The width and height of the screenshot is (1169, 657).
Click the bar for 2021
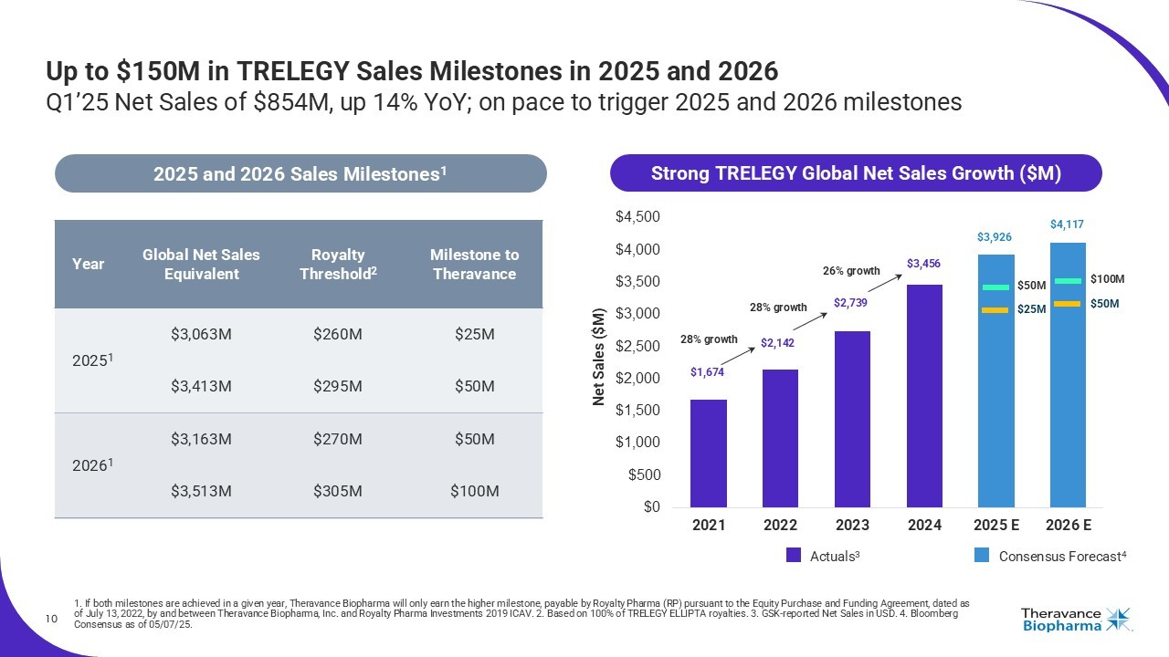709,453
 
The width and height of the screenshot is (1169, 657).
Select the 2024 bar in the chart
924,396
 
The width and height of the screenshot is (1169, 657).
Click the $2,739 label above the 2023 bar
851,302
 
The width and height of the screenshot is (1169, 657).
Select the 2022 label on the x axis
780,526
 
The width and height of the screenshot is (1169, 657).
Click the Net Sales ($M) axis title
599,357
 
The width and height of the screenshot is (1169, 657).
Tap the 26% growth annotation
851,271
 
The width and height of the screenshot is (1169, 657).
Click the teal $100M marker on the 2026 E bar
1068,280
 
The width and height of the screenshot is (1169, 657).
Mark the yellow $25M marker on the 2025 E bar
995,310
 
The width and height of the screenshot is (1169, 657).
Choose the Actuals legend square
794,555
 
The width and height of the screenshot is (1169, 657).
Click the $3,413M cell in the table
201,387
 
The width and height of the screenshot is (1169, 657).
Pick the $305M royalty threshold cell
337,492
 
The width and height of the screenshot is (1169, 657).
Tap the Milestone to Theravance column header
474,265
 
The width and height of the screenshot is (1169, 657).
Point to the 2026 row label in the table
88,465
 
